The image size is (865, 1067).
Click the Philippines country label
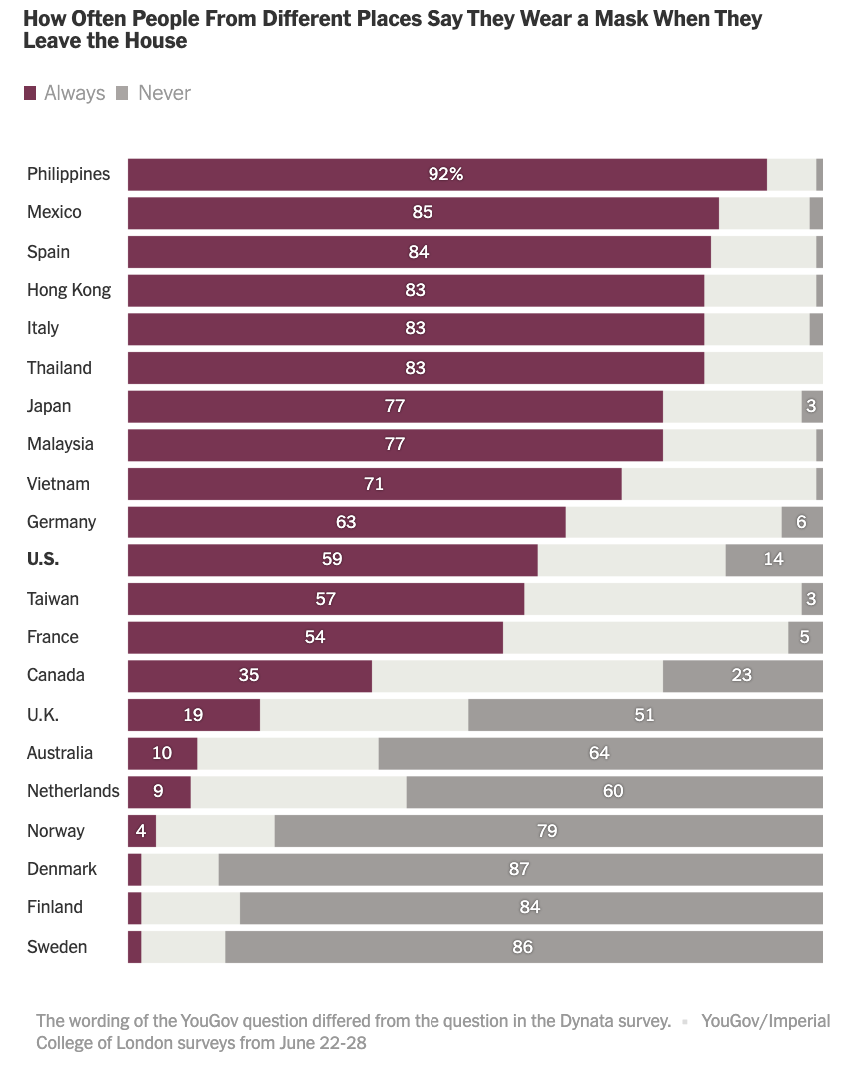tap(68, 174)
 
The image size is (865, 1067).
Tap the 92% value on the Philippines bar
tap(445, 174)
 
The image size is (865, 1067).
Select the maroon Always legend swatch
tap(30, 93)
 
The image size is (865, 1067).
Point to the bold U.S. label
tap(43, 560)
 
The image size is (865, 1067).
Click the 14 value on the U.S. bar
tap(773, 560)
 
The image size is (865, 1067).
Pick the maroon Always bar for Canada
tap(250, 676)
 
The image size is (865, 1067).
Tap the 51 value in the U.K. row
tap(644, 715)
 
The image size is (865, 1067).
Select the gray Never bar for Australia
tap(599, 753)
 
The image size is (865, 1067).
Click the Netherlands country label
tap(73, 792)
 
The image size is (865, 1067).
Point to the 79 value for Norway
tap(547, 831)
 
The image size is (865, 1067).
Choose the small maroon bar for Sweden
tap(134, 947)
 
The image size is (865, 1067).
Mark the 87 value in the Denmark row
tap(519, 869)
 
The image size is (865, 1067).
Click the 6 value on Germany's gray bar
tap(801, 522)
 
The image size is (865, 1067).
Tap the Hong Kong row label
tap(69, 290)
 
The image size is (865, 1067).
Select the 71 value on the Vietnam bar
tap(374, 484)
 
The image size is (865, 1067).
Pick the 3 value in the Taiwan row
tap(812, 599)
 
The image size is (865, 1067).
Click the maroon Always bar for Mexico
tap(423, 213)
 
